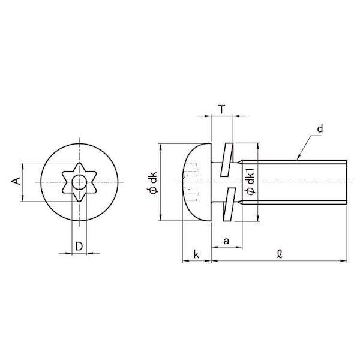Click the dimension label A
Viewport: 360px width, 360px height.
tap(16, 181)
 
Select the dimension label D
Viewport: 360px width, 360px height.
tap(79, 247)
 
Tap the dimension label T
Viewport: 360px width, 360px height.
tap(221, 110)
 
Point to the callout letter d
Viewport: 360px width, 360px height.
tap(320, 128)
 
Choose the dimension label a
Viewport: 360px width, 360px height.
tap(226, 241)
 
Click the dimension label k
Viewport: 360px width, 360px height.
tap(196, 254)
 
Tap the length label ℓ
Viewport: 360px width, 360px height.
tap(280, 254)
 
